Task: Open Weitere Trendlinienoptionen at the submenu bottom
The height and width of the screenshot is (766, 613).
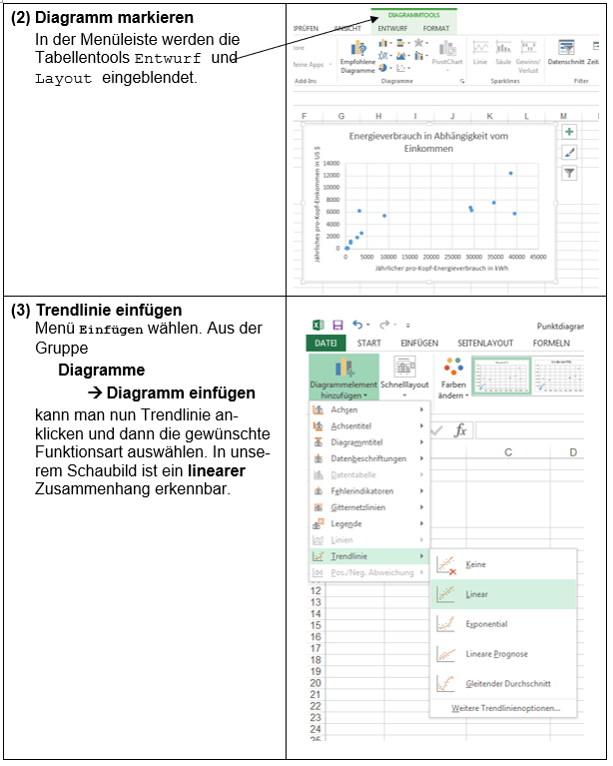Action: [x=504, y=708]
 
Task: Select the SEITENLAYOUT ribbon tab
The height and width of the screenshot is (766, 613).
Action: [x=484, y=343]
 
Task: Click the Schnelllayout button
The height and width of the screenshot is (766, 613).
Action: [x=404, y=377]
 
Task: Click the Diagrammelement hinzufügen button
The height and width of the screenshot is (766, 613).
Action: [x=343, y=377]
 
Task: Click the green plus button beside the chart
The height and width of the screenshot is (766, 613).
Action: [x=569, y=132]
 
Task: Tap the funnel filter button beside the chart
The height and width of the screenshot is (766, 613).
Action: [x=569, y=173]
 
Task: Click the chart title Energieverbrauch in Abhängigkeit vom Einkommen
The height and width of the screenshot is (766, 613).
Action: [x=428, y=141]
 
